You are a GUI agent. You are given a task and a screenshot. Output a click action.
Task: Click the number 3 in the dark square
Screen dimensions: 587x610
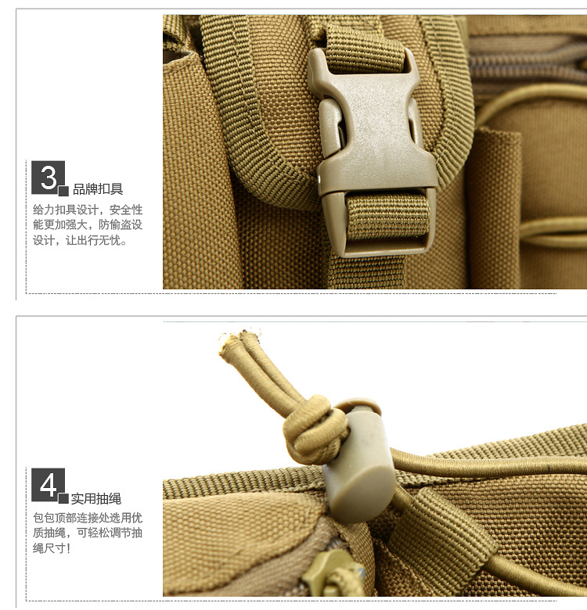pos(49,178)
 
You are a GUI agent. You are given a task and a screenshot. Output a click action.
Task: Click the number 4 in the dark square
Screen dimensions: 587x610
pos(49,485)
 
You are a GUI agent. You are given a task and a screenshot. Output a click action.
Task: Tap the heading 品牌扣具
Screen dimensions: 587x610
pos(98,189)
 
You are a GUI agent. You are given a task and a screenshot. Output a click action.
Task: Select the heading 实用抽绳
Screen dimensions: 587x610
pos(96,498)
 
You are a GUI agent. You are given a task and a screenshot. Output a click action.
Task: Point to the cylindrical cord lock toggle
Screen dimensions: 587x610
pos(358,459)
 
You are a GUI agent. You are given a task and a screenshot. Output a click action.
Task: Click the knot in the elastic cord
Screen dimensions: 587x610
pos(315,430)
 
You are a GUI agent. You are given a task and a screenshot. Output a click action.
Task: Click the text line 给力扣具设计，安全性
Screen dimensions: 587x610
pos(88,210)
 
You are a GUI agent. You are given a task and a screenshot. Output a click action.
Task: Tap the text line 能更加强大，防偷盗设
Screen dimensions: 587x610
pos(88,225)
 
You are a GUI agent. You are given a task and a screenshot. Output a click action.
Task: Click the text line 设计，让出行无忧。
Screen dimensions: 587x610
pos(80,240)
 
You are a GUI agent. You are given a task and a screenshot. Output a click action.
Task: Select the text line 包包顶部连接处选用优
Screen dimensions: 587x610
pos(88,518)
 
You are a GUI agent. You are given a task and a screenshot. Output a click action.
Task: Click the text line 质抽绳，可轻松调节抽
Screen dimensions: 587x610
pos(88,533)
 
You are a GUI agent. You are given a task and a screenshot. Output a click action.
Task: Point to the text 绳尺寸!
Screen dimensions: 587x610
pos(52,548)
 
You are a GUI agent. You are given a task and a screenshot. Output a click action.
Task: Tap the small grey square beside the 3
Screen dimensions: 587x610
pos(63,191)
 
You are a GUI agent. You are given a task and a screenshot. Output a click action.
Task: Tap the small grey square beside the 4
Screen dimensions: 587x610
pos(63,498)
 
